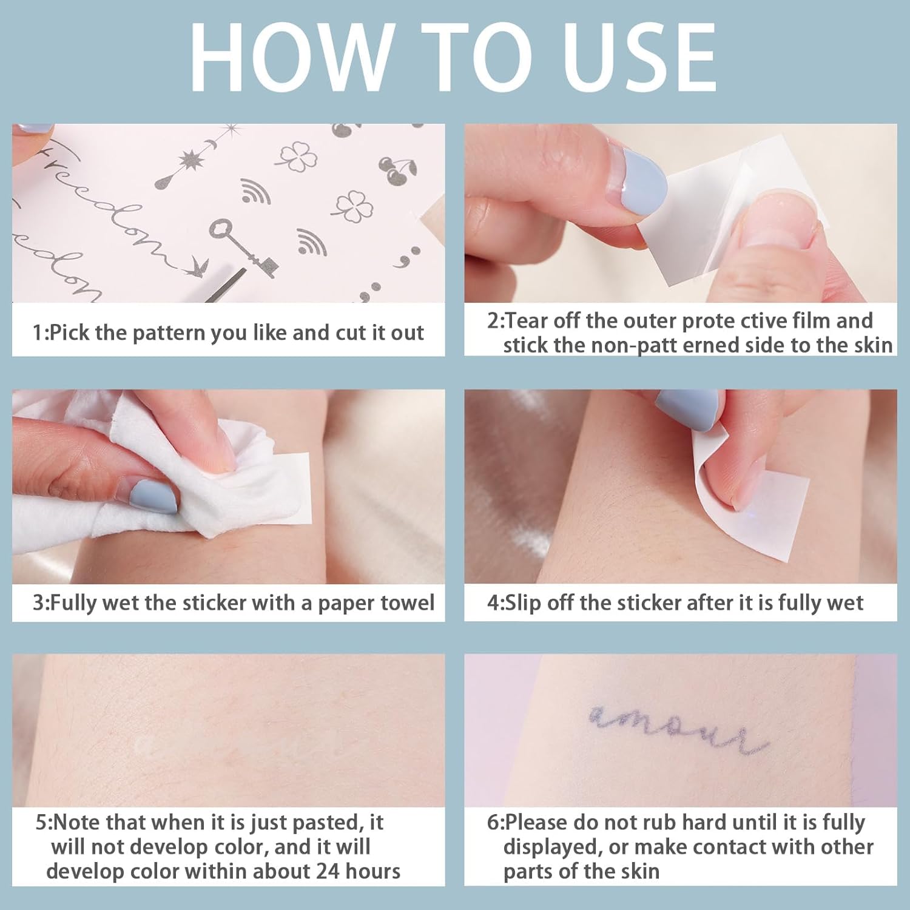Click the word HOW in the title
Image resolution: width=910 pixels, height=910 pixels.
(x=289, y=58)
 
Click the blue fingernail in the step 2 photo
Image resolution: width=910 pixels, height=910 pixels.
(x=644, y=179)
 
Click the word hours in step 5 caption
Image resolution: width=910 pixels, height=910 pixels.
(x=372, y=871)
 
